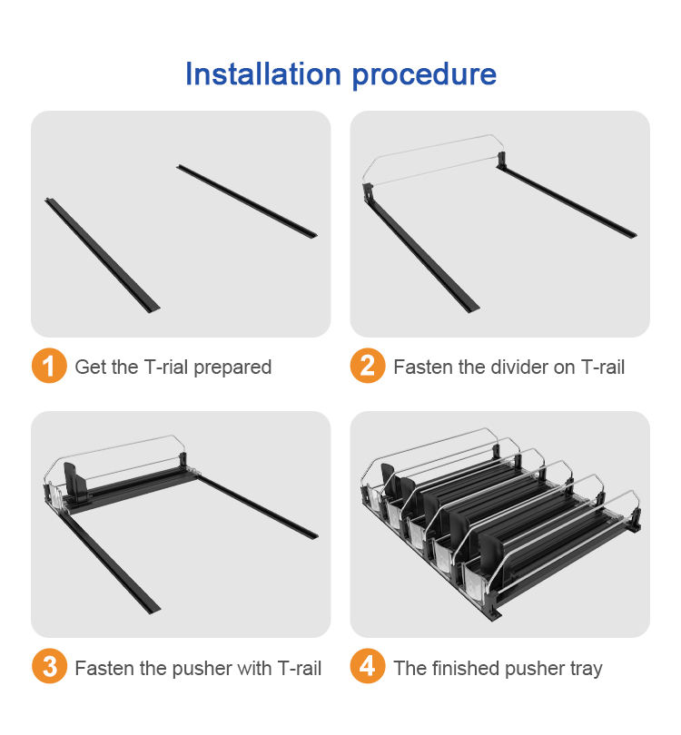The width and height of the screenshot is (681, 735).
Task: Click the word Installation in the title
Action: pyautogui.click(x=263, y=74)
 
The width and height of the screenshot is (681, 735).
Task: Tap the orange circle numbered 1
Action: pyautogui.click(x=49, y=366)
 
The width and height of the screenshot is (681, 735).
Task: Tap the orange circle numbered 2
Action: pyautogui.click(x=368, y=366)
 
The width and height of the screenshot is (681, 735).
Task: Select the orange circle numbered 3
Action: pyautogui.click(x=49, y=666)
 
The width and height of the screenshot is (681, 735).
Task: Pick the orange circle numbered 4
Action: pyautogui.click(x=368, y=666)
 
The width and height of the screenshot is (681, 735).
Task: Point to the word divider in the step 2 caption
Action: pyautogui.click(x=519, y=367)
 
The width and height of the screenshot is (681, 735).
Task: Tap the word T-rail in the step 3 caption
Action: pyautogui.click(x=300, y=668)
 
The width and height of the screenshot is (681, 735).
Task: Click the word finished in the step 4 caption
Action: pyautogui.click(x=466, y=668)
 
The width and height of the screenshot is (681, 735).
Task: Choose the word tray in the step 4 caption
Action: pyautogui.click(x=587, y=670)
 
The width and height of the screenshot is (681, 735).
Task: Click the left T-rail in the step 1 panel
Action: pyautogui.click(x=103, y=256)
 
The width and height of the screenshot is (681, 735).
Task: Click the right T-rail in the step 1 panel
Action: pyautogui.click(x=247, y=201)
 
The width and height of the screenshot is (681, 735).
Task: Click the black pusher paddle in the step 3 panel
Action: pyautogui.click(x=75, y=482)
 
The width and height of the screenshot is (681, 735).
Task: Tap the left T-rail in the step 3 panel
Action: pyautogui.click(x=110, y=563)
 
